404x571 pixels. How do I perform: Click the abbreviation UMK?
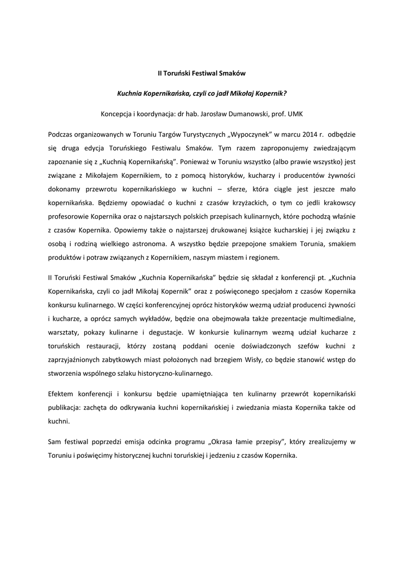click(x=295, y=114)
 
